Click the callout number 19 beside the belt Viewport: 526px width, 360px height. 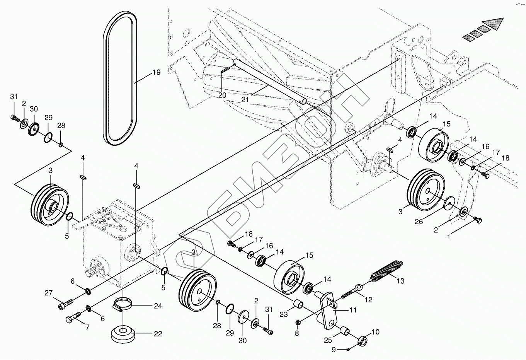coord(156,72)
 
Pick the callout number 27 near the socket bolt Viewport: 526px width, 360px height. coord(48,293)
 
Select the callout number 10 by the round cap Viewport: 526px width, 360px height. coord(376,332)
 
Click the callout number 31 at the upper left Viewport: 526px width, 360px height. coord(14,96)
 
